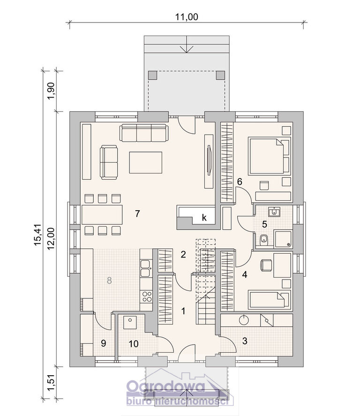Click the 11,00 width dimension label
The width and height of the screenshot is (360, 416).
pyautogui.click(x=187, y=17)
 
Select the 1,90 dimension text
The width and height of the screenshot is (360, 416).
pyautogui.click(x=51, y=91)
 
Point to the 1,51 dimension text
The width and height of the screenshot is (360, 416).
pyautogui.click(x=51, y=382)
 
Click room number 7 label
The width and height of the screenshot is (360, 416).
pyautogui.click(x=137, y=213)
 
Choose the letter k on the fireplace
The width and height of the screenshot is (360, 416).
pyautogui.click(x=204, y=218)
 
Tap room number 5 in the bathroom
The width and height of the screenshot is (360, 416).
pyautogui.click(x=264, y=225)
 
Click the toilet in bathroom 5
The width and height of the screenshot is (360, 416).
pyautogui.click(x=264, y=240)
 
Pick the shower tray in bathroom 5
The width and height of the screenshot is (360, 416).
pyautogui.click(x=283, y=240)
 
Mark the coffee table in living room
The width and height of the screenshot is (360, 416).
pyautogui.click(x=145, y=162)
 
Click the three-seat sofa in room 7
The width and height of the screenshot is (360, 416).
pyautogui.click(x=144, y=133)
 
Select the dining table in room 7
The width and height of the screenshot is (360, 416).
pyautogui.click(x=102, y=215)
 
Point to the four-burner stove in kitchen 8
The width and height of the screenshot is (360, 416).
pyautogui.click(x=147, y=296)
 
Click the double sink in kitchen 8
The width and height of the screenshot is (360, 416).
pyautogui.click(x=146, y=268)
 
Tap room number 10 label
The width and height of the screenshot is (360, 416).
pyautogui.click(x=134, y=344)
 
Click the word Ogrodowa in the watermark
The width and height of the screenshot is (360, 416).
pyautogui.click(x=166, y=387)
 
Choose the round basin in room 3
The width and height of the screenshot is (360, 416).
pyautogui.click(x=244, y=320)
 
